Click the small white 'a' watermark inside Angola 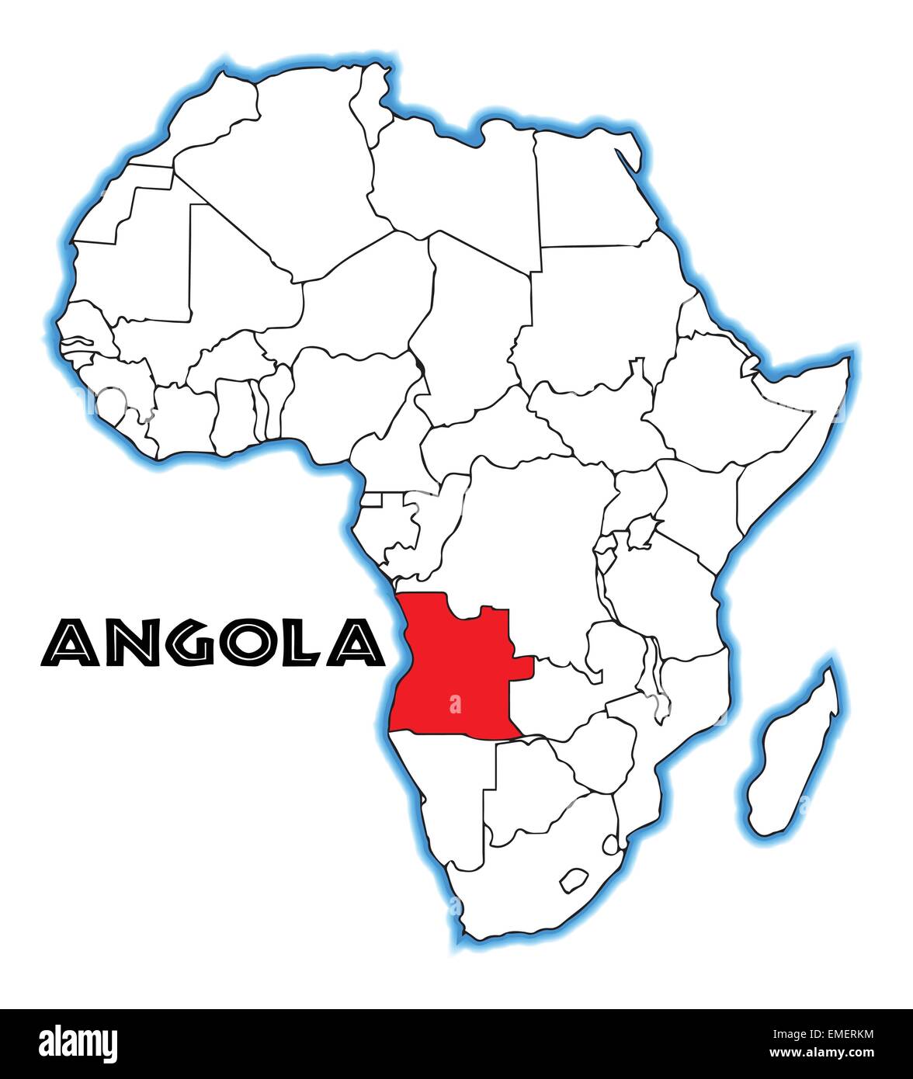tap(455, 705)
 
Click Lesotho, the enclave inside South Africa tap(574, 880)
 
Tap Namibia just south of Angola tap(450, 784)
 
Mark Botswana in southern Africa tap(528, 784)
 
